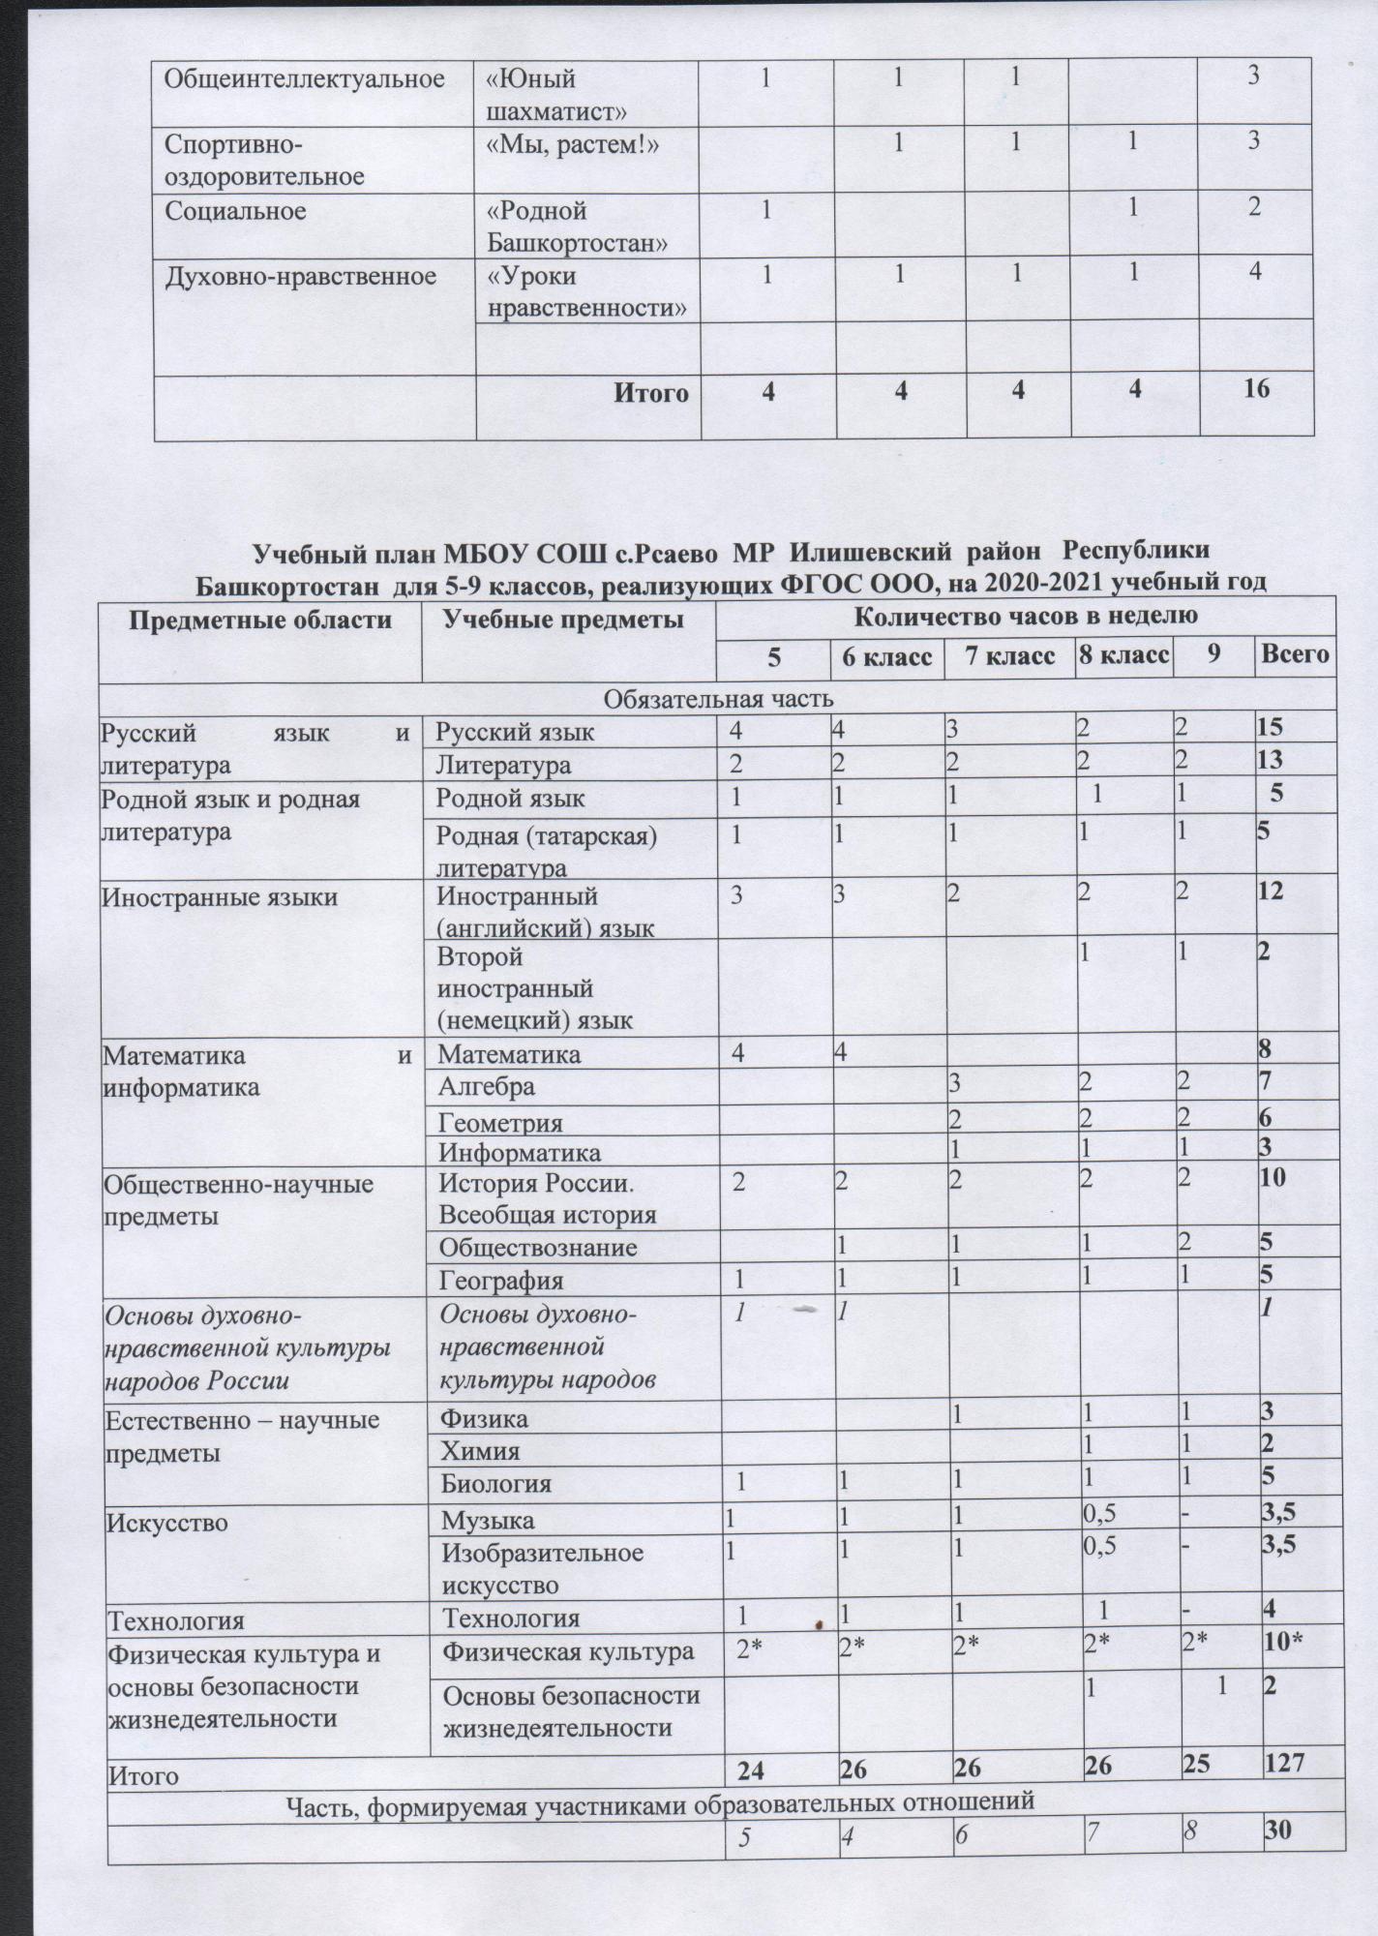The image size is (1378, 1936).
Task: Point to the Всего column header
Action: click(x=1293, y=656)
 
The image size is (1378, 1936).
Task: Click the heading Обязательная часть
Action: click(x=719, y=697)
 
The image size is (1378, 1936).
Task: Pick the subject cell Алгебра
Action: click(x=487, y=1086)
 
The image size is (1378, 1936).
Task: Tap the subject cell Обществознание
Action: click(x=538, y=1247)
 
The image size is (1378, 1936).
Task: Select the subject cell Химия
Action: click(x=480, y=1451)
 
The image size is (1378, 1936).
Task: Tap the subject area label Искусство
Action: click(x=167, y=1523)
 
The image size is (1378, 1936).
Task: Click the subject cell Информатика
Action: click(x=520, y=1152)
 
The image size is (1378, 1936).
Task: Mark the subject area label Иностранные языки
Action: click(x=221, y=896)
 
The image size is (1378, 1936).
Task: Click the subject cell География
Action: click(x=501, y=1281)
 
